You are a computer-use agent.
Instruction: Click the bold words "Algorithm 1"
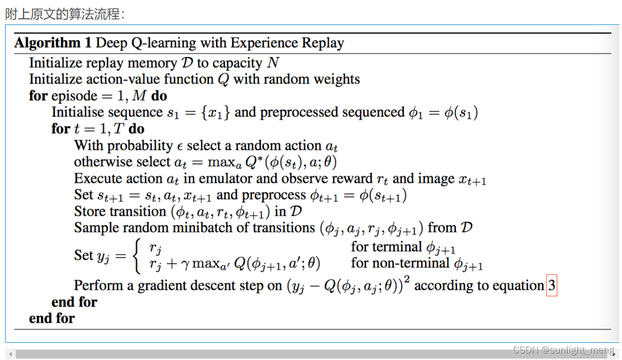pos(53,43)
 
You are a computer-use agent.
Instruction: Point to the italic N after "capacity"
pos(273,62)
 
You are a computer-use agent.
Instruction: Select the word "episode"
pos(74,96)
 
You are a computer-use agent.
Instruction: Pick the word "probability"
pos(140,146)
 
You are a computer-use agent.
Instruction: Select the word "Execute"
pos(98,178)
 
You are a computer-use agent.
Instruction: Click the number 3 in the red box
pos(552,285)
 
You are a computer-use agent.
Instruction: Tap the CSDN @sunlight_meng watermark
pos(563,350)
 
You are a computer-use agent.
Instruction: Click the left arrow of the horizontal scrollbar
pos(11,354)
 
